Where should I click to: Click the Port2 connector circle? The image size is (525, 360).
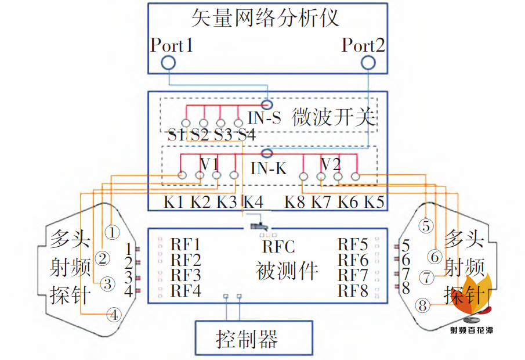pos(368,56)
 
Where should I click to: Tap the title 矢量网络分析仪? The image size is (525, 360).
pos(265,18)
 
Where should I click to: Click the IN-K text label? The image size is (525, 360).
pos(269,168)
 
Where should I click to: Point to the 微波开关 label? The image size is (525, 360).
pos(334,117)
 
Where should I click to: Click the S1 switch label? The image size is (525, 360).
pos(176,135)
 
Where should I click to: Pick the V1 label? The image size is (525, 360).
pos(210,164)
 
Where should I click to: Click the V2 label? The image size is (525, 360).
pos(331,164)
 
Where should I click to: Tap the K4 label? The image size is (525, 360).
pos(254,202)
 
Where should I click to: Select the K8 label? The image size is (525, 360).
pos(295,202)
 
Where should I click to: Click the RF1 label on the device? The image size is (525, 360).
pos(186,244)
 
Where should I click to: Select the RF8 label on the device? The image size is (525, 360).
pos(353,291)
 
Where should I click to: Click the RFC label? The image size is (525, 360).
pos(278,247)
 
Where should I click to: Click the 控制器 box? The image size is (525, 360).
pos(254,338)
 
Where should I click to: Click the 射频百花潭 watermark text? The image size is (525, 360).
pos(472,330)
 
